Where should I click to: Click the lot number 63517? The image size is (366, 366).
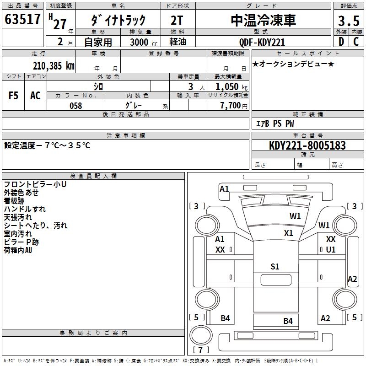[22, 20]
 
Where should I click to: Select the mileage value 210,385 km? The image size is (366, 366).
[53, 66]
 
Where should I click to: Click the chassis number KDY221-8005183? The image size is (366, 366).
[307, 145]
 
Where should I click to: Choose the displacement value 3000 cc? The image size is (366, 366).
[143, 42]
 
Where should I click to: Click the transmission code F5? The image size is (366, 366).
[14, 96]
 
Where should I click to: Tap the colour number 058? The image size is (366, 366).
[75, 106]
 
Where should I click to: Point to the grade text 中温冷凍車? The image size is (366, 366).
[263, 20]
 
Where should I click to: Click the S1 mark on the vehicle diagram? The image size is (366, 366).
[274, 267]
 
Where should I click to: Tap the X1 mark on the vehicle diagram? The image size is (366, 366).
[288, 233]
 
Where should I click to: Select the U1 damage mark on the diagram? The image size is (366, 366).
[331, 250]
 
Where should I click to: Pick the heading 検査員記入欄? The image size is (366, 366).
[93, 176]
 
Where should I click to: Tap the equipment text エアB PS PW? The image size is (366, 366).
[274, 124]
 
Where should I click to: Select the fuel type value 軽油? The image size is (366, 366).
[178, 42]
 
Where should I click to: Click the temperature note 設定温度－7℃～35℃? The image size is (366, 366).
[48, 145]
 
